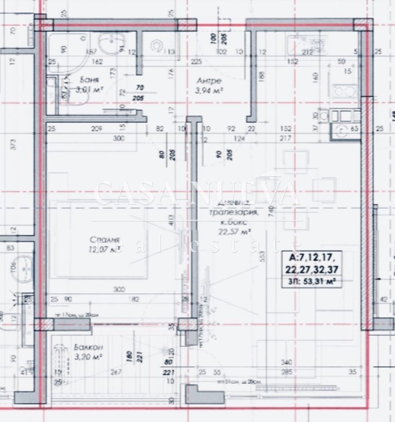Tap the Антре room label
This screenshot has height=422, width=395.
pos(208,81)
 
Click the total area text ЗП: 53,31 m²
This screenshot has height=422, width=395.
pos(313,282)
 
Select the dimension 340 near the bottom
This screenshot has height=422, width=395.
pos(286,362)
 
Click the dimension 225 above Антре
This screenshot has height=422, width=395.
pos(196,62)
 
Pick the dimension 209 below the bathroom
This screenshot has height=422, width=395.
pos(96,129)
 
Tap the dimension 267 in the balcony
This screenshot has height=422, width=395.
pos(117,372)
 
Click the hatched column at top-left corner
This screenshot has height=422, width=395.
pos(40,24)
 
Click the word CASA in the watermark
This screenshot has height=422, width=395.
pos(133,194)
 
